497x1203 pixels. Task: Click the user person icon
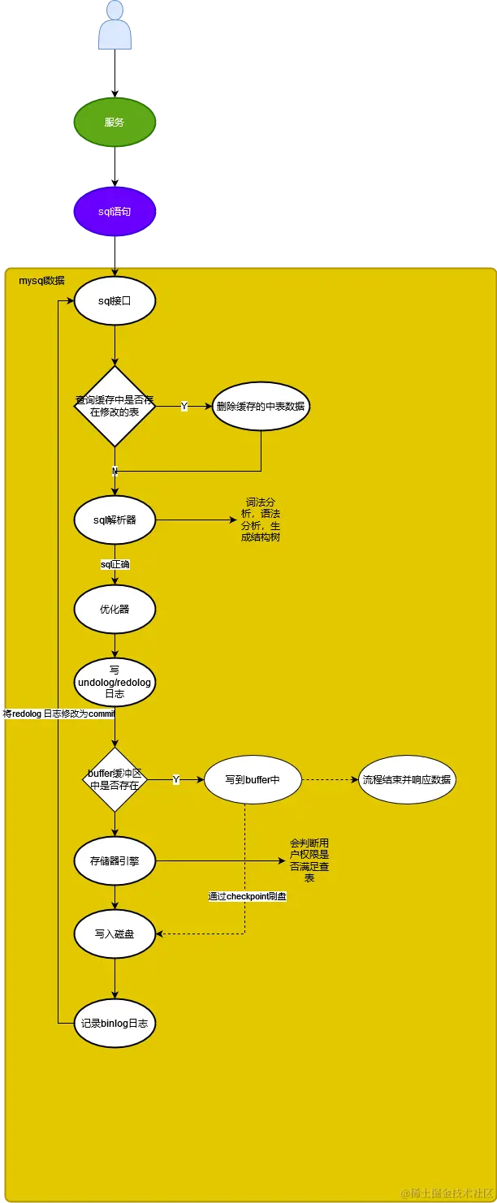pos(115,27)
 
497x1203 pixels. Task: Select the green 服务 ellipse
pos(115,123)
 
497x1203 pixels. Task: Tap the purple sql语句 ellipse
pos(115,211)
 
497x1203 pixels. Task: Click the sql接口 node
pos(115,300)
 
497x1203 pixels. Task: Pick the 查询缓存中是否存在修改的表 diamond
pos(115,406)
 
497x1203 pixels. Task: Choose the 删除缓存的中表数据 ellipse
pos(261,406)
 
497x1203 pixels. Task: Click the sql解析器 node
pos(115,520)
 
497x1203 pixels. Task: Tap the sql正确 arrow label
pos(115,563)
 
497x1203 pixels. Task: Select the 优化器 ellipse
pos(115,609)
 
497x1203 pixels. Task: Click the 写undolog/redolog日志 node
pos(115,683)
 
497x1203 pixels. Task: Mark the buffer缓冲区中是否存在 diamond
pos(115,779)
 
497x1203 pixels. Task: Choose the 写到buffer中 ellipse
pos(253,779)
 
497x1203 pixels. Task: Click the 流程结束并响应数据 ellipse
pos(407,779)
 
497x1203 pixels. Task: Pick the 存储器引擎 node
pos(115,860)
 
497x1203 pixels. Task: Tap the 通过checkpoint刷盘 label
pos(247,896)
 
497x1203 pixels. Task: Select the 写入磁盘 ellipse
pos(115,934)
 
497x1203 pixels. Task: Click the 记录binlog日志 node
pos(115,1024)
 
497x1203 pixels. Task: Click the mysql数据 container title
pos(41,281)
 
